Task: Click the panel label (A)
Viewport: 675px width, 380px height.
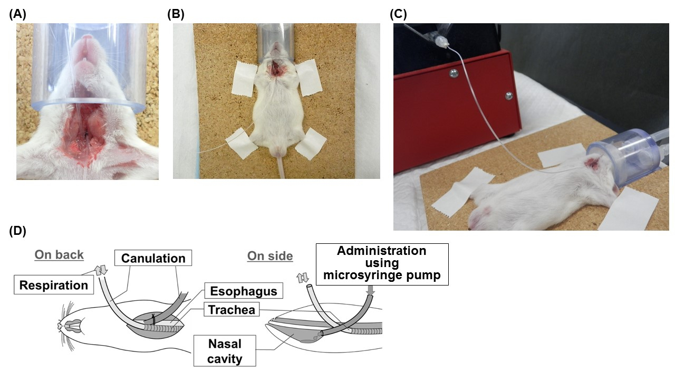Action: click(x=17, y=14)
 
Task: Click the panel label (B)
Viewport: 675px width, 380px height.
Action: click(x=176, y=14)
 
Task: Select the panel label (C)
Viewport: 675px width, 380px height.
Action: click(x=398, y=14)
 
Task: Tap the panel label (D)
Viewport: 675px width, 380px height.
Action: click(x=17, y=231)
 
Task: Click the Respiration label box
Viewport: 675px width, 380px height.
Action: click(x=54, y=285)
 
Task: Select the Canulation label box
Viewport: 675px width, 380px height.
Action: click(x=153, y=259)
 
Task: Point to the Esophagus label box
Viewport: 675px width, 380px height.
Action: click(x=244, y=291)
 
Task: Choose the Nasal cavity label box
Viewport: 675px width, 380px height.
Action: click(x=225, y=351)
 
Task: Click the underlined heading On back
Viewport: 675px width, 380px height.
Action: click(x=59, y=255)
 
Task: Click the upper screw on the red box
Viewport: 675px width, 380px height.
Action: click(x=452, y=74)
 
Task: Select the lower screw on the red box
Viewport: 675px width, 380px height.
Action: click(x=509, y=96)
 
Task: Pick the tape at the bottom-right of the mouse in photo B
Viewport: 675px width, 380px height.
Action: click(x=312, y=143)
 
